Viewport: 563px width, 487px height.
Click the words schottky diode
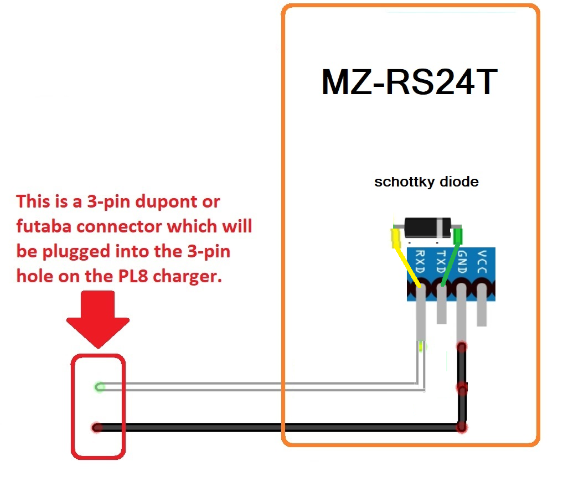(x=426, y=182)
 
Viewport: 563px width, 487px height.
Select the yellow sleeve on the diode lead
(x=396, y=237)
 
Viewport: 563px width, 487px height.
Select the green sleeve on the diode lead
(x=458, y=236)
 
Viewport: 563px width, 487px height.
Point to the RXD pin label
(x=420, y=262)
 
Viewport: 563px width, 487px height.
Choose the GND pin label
(x=462, y=262)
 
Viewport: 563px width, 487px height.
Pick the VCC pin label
(x=482, y=262)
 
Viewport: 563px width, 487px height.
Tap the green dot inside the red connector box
(x=100, y=386)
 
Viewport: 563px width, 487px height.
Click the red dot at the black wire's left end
(x=97, y=427)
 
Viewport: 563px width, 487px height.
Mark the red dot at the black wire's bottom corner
(x=461, y=427)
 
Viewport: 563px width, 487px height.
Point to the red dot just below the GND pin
(x=461, y=346)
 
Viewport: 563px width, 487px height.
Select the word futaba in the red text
(x=44, y=226)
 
